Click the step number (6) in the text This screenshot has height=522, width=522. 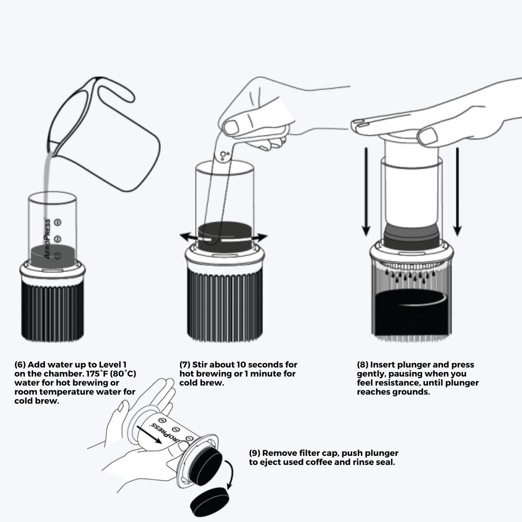pos(20,365)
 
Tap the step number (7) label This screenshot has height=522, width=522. pos(185,365)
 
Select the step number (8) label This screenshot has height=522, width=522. pos(362,365)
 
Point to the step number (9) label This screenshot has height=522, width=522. pos(254,453)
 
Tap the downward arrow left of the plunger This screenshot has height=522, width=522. pos(366,194)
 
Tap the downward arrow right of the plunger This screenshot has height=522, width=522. pos(457,194)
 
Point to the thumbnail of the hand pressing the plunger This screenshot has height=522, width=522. pos(427,136)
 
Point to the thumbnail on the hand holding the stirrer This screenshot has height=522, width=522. pos(231,127)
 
